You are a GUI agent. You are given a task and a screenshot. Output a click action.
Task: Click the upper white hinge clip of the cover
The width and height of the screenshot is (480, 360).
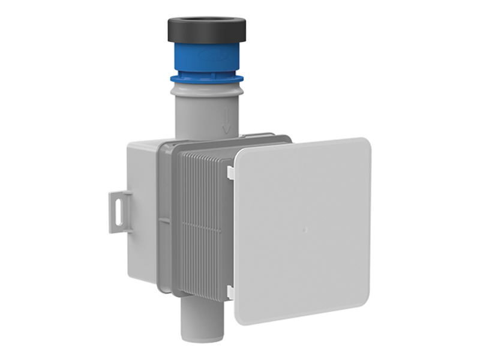(230, 172)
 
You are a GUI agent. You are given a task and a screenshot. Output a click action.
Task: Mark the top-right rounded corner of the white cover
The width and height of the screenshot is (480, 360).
(364, 144)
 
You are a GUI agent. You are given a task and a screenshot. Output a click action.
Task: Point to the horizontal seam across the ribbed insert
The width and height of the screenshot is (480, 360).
(204, 226)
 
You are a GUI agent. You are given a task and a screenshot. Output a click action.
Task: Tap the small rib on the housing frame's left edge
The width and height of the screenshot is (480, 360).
(160, 216)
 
